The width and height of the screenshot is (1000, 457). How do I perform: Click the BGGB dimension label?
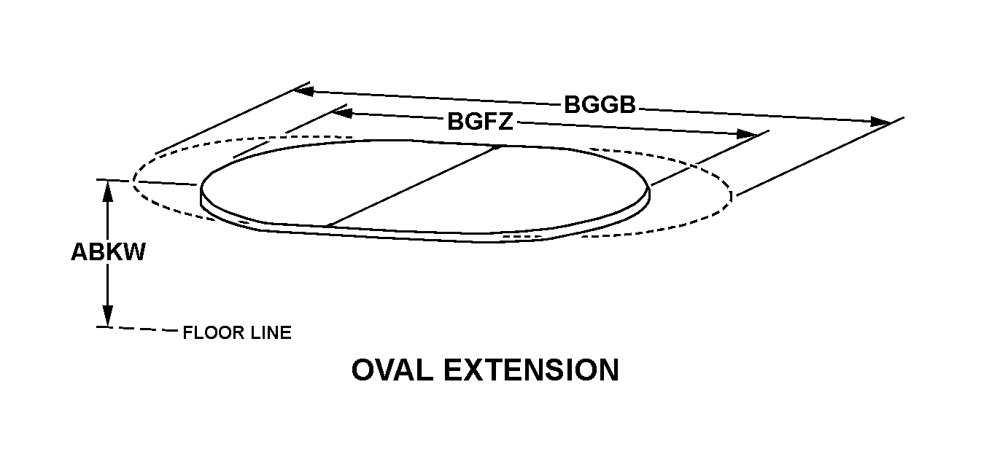600,105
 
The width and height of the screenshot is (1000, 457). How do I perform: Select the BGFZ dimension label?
480,122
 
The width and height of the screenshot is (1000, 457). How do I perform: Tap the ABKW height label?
108,252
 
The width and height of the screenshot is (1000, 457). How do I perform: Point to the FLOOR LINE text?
237,333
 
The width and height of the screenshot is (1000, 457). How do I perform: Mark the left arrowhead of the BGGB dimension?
303,91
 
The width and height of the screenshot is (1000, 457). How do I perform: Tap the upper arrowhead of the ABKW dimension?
108,189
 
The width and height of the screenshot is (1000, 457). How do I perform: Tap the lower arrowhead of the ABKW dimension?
108,317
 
